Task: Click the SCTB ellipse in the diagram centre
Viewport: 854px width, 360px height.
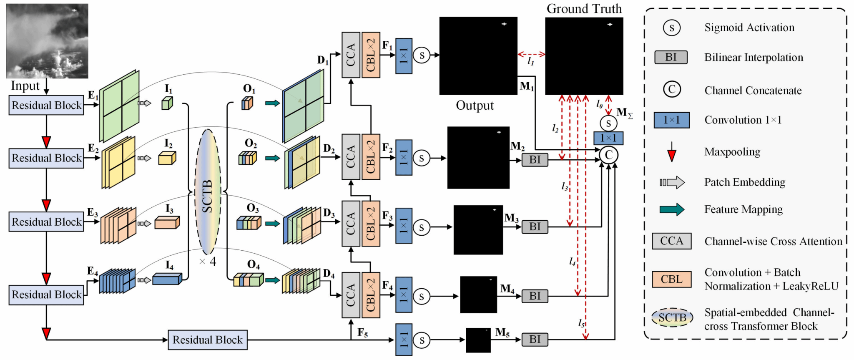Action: pos(208,192)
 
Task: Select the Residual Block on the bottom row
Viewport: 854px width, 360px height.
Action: pos(207,340)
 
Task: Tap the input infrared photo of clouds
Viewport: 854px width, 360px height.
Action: pos(47,40)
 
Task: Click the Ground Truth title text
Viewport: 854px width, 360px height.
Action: pos(584,9)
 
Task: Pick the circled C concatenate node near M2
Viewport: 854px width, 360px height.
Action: pos(608,155)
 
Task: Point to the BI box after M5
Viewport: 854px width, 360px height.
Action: pos(535,340)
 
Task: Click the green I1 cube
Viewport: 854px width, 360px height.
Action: pos(167,103)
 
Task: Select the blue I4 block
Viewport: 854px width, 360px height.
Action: pos(167,279)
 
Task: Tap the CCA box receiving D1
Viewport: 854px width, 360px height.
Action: pos(351,55)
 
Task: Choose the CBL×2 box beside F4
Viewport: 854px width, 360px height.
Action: pos(371,295)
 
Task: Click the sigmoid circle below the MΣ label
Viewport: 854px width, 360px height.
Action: pos(608,123)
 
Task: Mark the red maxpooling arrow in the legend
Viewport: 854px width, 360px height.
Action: pos(671,152)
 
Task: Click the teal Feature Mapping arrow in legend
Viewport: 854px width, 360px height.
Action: pos(672,209)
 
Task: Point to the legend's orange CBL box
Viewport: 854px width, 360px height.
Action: pos(671,279)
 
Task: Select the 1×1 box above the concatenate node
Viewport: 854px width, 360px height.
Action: pos(608,138)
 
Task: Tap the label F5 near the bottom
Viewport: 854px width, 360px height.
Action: pos(363,333)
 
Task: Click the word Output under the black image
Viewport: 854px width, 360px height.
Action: pos(475,106)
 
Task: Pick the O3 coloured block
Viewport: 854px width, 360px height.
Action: pos(249,223)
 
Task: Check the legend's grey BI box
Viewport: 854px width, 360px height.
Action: pos(671,57)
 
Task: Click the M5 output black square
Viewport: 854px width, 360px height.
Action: pos(478,340)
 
